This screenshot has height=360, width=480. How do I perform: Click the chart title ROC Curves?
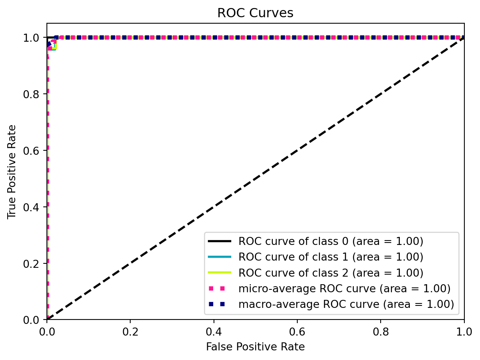click(255, 13)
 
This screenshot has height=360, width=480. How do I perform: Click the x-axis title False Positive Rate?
click(255, 346)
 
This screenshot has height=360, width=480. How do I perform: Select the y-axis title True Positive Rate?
click(12, 172)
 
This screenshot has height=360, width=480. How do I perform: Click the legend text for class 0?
click(331, 241)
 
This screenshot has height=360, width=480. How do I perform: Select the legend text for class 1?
click(331, 257)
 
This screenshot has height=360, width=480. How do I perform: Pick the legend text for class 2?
click(331, 273)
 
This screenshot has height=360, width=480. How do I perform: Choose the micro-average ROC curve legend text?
click(344, 289)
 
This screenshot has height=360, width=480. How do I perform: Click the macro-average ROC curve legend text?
click(346, 304)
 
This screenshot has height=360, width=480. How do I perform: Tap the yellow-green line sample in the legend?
click(220, 273)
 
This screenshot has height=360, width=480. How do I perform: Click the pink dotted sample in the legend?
click(220, 289)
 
